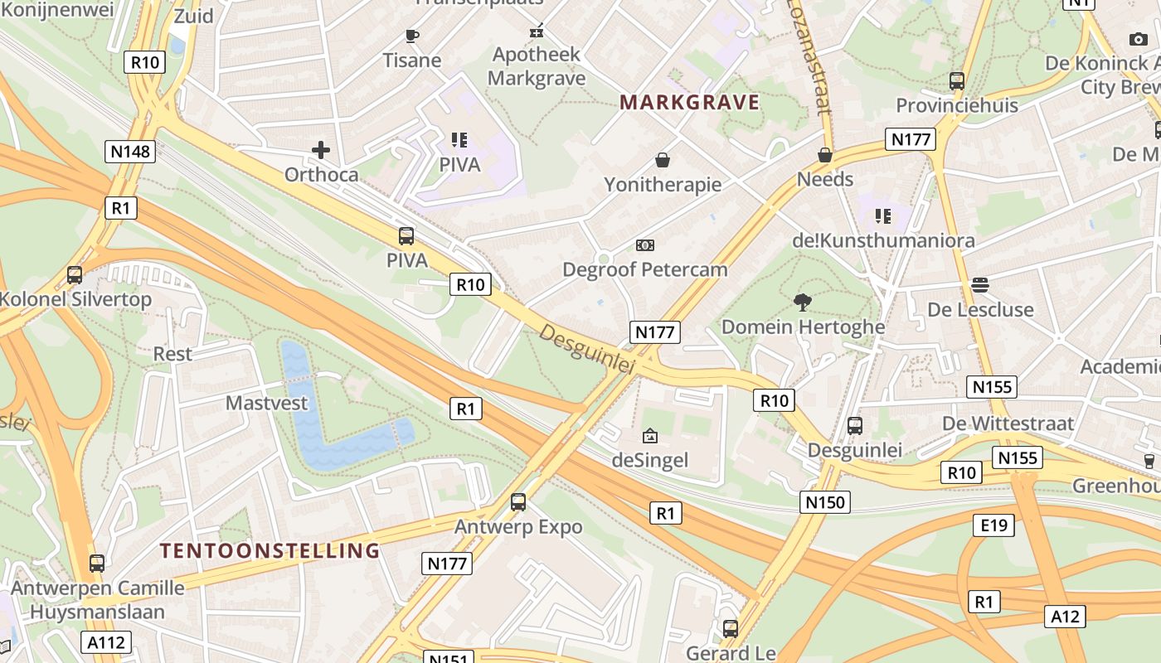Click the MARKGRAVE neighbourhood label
689,102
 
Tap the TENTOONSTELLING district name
270,550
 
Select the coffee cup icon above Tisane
411,35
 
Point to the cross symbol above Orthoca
321,150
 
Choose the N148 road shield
130,151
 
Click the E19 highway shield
993,525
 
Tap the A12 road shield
1065,616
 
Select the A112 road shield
106,642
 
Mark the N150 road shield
825,501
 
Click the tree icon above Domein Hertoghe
802,302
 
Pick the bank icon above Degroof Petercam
644,245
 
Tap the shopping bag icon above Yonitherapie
663,159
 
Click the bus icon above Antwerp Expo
518,501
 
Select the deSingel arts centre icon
650,435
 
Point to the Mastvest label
266,404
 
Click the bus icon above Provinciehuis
957,81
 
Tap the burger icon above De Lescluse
979,285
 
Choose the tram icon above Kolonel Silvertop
75,275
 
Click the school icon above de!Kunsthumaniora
882,216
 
